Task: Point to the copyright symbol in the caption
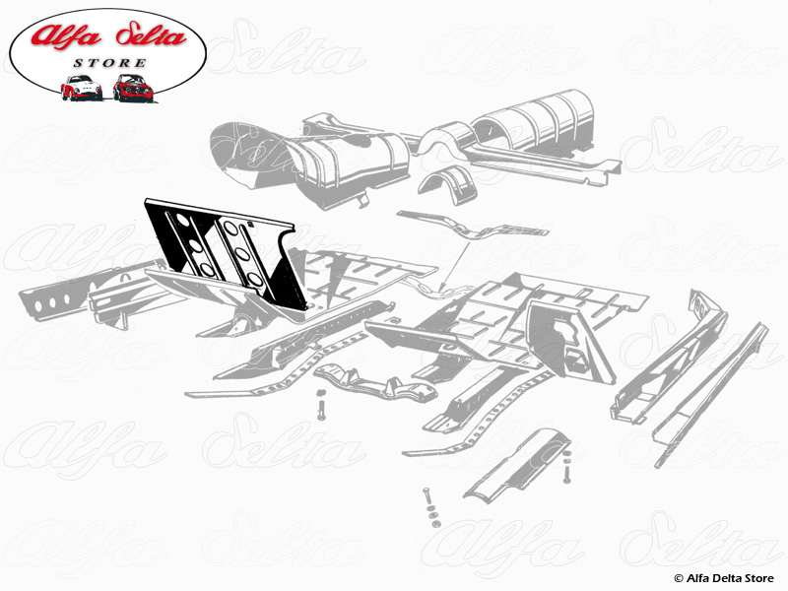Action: click(678, 577)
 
